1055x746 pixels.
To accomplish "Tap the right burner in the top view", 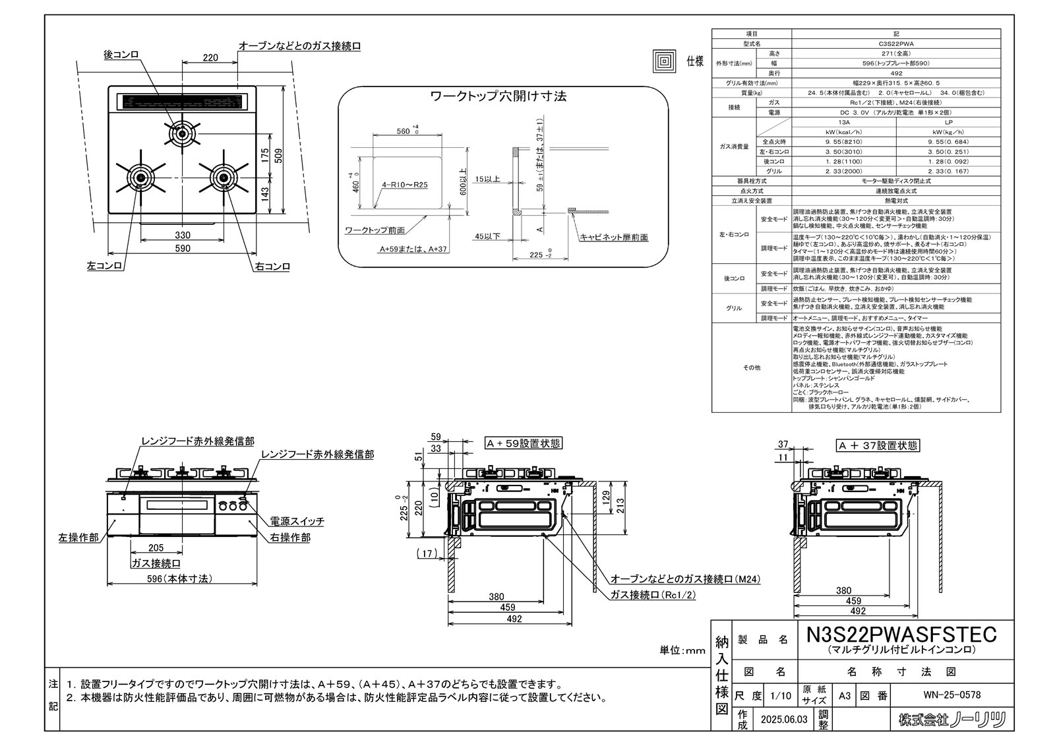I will click(x=222, y=177).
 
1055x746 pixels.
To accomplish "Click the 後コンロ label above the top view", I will click(x=121, y=55).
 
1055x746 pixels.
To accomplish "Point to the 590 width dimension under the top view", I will click(x=183, y=249).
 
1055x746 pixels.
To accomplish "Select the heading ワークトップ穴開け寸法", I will click(x=498, y=96).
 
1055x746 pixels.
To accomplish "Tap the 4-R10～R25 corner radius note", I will click(x=404, y=185).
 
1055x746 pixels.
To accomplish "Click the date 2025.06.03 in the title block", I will click(x=783, y=720).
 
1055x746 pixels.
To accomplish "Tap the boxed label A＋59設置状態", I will click(x=524, y=444).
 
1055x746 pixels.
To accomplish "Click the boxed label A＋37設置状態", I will click(x=878, y=446).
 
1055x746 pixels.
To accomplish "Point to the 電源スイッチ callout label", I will click(x=297, y=521).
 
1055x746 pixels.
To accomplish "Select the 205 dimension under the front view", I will click(x=156, y=548).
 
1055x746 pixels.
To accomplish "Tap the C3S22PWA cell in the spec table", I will click(x=895, y=43).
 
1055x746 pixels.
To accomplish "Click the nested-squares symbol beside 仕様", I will click(x=664, y=61).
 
